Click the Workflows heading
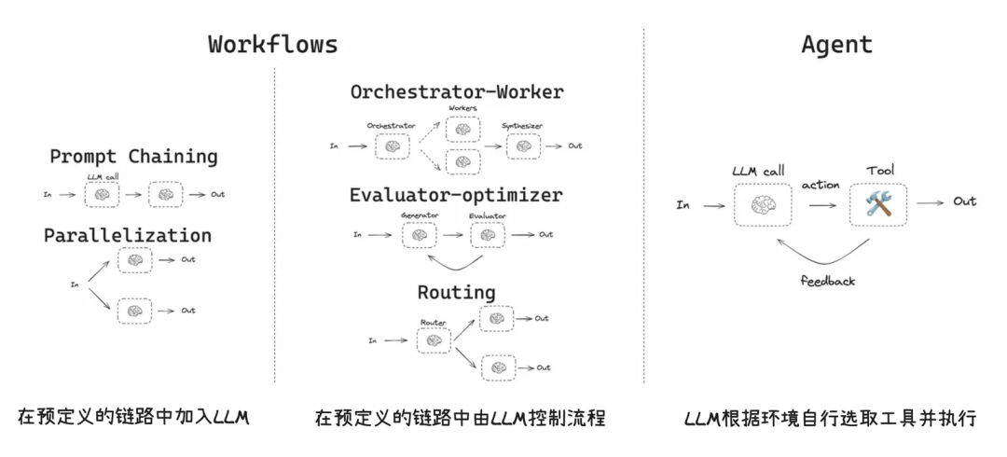click(272, 44)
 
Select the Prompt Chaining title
click(133, 157)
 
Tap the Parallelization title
click(128, 236)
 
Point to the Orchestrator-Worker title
click(457, 92)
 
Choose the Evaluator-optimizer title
click(456, 196)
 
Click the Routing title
click(456, 292)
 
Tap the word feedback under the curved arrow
click(827, 280)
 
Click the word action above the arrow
click(821, 185)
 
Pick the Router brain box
click(433, 340)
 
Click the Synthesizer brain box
click(523, 146)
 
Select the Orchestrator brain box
click(392, 146)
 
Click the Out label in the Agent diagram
click(964, 201)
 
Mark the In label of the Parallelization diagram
click(75, 284)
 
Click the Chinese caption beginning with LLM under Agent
click(829, 418)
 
